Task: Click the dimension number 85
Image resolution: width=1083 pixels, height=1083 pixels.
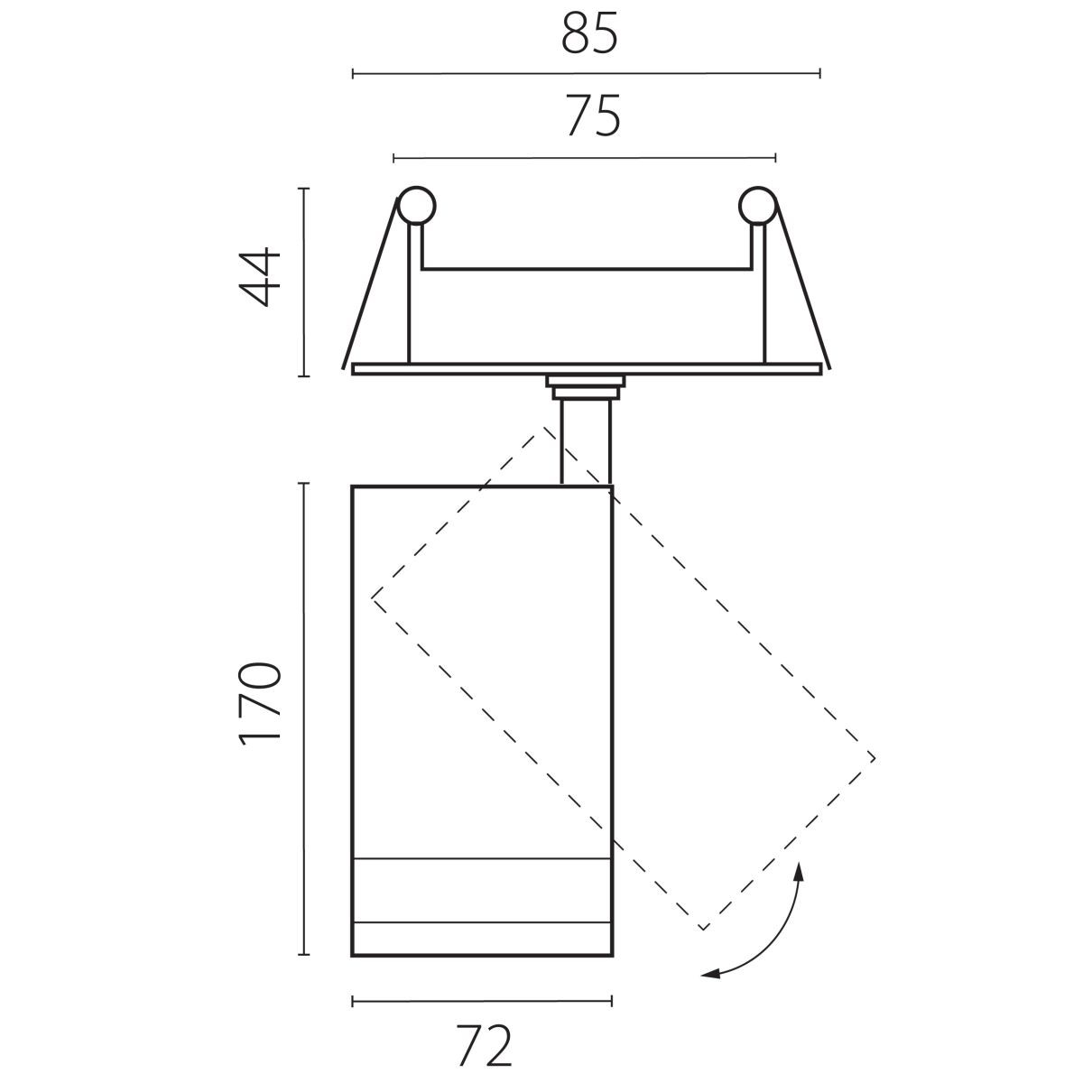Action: point(589,32)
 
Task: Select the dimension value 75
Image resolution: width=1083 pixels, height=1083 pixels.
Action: point(592,116)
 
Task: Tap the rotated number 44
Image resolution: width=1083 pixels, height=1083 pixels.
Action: point(260,277)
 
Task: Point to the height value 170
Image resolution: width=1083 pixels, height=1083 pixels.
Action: point(260,704)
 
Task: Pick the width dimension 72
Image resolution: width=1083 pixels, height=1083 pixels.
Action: point(484,1045)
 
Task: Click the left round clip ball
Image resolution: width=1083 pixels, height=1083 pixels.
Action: point(416,206)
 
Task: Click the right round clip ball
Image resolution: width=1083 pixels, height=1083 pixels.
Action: point(758,206)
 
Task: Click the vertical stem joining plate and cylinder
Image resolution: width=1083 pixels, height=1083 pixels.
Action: point(586,441)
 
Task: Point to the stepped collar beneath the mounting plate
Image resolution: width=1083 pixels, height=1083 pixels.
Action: point(585,387)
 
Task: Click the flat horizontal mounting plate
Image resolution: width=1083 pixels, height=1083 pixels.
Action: point(587,369)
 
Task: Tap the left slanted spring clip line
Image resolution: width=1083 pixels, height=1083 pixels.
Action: point(370,283)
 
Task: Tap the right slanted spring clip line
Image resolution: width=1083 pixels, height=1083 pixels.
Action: point(802,283)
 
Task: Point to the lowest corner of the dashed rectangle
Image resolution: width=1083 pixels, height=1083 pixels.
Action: point(702,930)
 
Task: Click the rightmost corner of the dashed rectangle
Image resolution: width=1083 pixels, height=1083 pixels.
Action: point(875,758)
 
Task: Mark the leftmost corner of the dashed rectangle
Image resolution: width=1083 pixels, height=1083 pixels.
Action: point(372,598)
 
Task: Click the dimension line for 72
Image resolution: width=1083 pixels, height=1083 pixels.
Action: point(482,1001)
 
